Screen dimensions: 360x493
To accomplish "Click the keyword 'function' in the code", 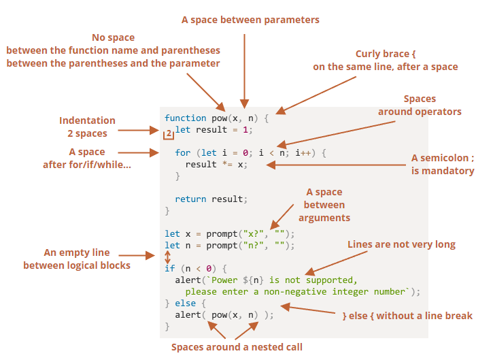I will [185, 118].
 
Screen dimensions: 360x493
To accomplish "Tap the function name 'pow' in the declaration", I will [219, 118].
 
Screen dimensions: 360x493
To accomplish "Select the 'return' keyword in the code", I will [190, 199].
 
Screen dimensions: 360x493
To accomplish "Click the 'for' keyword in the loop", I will [182, 153].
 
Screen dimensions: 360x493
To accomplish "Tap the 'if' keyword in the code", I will [169, 268].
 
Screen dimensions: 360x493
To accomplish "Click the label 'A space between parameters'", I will [250, 20].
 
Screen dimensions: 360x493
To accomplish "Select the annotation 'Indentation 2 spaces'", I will [87, 127].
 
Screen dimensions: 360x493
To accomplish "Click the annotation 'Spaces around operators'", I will [420, 105].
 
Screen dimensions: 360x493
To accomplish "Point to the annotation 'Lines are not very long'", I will [401, 244].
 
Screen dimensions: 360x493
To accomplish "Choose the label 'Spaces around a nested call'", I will [237, 347].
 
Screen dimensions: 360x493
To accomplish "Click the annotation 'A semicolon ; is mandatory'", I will [443, 164].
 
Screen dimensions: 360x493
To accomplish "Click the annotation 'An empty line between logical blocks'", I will [77, 259].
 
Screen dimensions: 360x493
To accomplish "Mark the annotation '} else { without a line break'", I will [407, 316].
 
